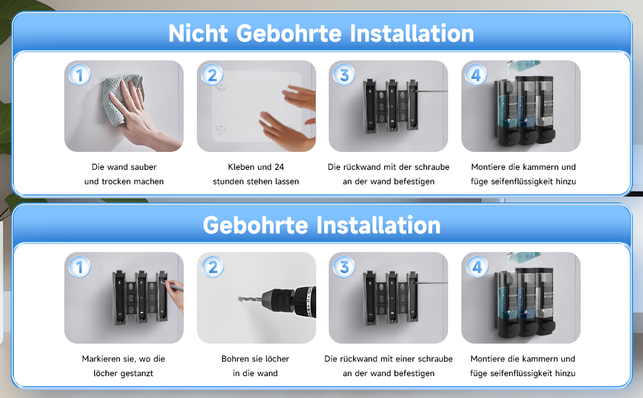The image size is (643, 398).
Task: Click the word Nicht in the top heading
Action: [198, 33]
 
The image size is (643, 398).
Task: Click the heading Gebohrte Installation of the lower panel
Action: [321, 226]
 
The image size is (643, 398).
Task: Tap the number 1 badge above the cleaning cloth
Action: [80, 75]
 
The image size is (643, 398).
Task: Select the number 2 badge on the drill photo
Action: [213, 267]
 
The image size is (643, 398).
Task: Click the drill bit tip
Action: [239, 298]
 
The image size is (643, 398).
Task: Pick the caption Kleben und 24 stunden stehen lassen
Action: [256, 174]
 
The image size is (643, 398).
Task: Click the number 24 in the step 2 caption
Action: [279, 167]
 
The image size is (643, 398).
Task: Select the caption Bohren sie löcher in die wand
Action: [255, 366]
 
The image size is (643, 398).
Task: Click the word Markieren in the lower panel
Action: [101, 359]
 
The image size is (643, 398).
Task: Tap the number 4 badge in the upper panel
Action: [476, 75]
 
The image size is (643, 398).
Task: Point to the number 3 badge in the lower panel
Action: [345, 267]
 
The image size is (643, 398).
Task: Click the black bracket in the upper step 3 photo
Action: [390, 106]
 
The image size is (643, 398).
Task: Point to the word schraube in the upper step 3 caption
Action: [432, 167]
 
